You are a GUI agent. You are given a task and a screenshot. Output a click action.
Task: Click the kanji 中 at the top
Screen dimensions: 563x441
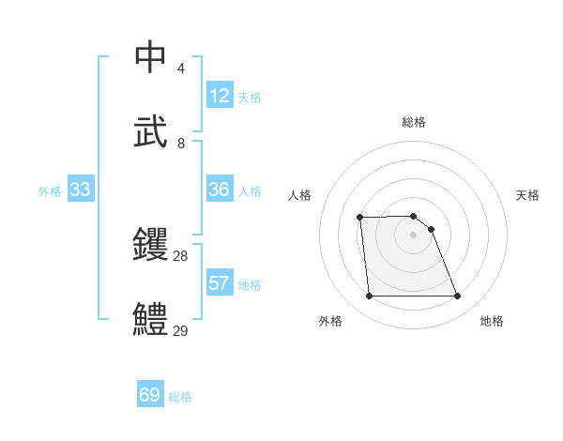pyautogui.click(x=151, y=57)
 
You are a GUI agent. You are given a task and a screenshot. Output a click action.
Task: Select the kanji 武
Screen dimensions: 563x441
pyautogui.click(x=151, y=132)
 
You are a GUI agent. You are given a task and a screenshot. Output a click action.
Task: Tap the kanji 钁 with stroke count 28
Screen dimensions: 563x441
pyautogui.click(x=151, y=245)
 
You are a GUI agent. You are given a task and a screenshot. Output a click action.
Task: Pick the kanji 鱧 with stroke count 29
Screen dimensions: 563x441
pyautogui.click(x=151, y=320)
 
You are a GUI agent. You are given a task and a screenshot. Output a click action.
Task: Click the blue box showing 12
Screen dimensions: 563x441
pyautogui.click(x=220, y=96)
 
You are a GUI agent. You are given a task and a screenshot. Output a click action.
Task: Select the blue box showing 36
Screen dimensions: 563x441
pyautogui.click(x=220, y=190)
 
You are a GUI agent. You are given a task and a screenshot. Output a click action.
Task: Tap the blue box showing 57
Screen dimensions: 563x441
pyautogui.click(x=220, y=283)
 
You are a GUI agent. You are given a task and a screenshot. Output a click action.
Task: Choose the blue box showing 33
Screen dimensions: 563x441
pyautogui.click(x=80, y=190)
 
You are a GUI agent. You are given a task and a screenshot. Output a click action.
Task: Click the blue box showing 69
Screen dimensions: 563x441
pyautogui.click(x=150, y=395)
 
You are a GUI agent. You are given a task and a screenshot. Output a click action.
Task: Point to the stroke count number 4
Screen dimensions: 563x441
pyautogui.click(x=181, y=68)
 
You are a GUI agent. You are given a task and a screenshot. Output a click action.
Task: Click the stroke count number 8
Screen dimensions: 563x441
pyautogui.click(x=181, y=144)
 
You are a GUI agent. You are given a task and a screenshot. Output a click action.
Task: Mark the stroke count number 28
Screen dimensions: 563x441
pyautogui.click(x=181, y=256)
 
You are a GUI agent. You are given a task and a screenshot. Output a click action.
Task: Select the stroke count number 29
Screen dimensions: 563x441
pyautogui.click(x=181, y=331)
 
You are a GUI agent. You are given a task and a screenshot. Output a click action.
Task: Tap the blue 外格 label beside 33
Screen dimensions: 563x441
pyautogui.click(x=50, y=191)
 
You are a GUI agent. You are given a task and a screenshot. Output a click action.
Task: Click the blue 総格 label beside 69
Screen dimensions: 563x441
pyautogui.click(x=180, y=397)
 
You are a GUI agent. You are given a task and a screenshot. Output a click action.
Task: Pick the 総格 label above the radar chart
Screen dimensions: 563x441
pyautogui.click(x=414, y=122)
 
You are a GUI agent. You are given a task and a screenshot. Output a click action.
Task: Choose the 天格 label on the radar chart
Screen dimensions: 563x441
pyautogui.click(x=528, y=195)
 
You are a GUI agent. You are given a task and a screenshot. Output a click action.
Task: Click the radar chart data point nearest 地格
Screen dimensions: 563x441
pyautogui.click(x=458, y=297)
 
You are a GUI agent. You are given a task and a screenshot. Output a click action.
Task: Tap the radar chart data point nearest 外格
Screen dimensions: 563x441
pyautogui.click(x=369, y=297)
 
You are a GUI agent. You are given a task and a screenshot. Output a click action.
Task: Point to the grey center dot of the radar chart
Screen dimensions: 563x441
pyautogui.click(x=414, y=235)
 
